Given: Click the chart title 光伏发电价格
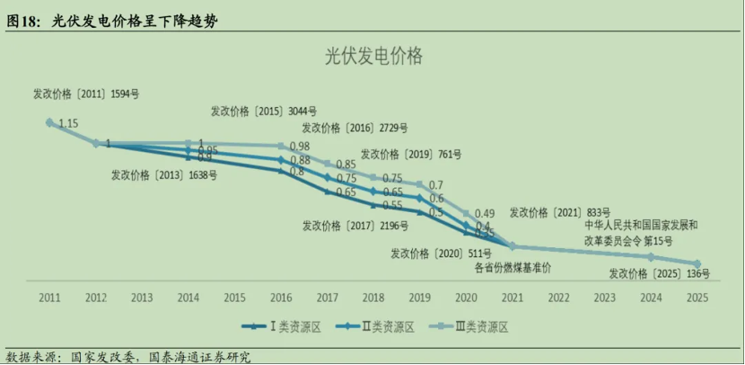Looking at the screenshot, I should click(x=372, y=56).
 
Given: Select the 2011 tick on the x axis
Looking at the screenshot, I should click(x=49, y=297).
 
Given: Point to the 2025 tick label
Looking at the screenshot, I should click(x=697, y=297).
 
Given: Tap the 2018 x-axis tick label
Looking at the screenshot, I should click(x=373, y=297).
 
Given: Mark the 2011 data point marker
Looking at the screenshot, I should click(x=49, y=122).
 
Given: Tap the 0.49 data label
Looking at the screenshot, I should click(x=485, y=212).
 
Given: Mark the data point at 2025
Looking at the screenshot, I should click(x=697, y=264).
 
